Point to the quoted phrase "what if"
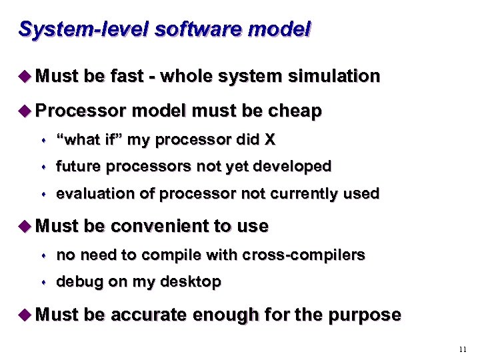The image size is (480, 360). pos(89,140)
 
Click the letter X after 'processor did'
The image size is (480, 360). pos(269,140)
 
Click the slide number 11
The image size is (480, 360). pos(463,349)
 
